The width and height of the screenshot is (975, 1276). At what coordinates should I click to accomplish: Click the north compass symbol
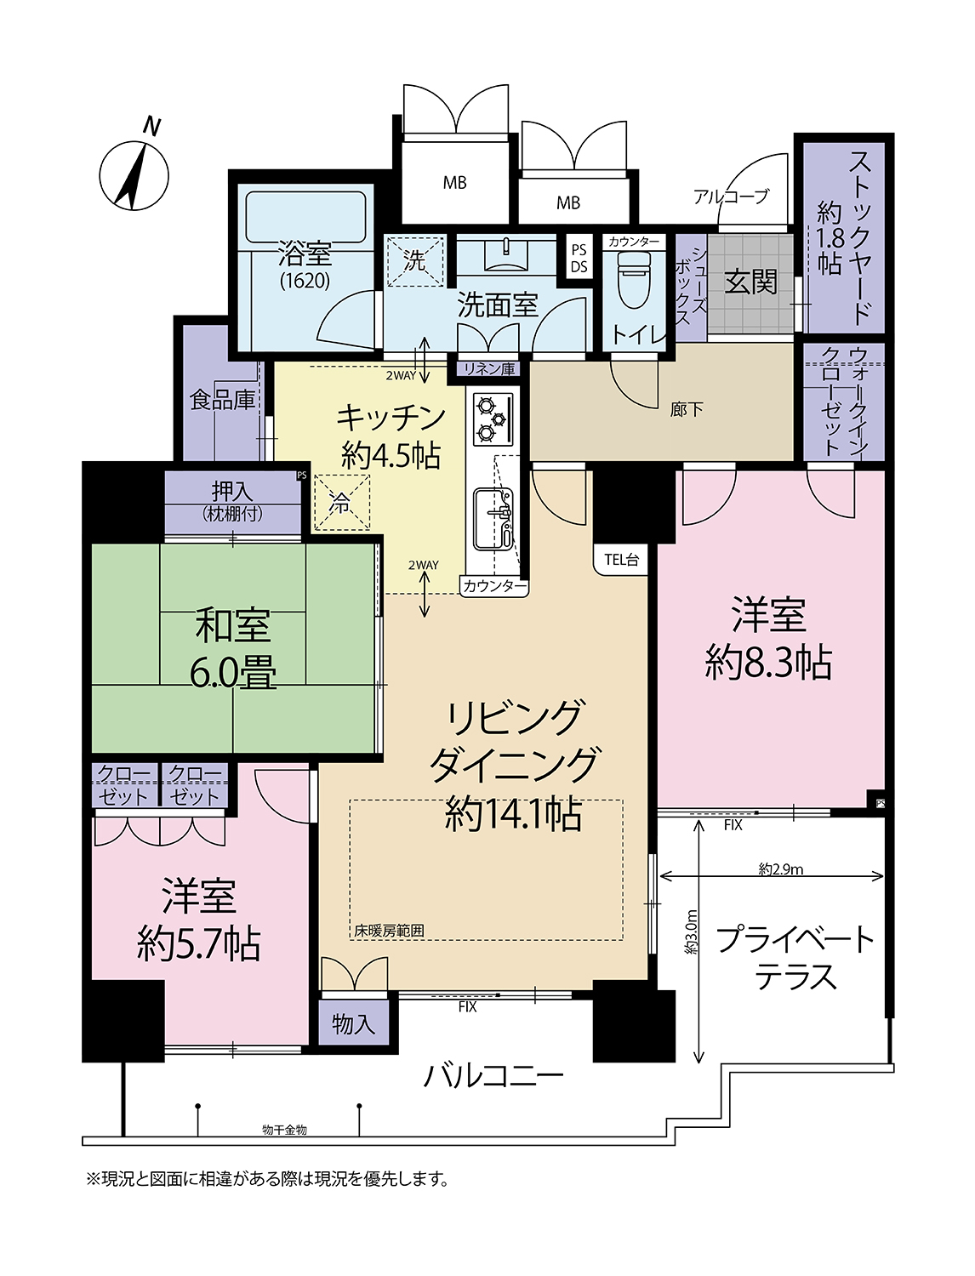134,168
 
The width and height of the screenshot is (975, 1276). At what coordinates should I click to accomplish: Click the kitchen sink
493,519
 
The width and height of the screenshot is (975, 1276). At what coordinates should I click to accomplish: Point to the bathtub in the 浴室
306,218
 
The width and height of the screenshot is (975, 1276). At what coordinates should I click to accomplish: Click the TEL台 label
621,560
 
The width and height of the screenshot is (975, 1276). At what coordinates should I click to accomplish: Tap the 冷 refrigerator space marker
342,502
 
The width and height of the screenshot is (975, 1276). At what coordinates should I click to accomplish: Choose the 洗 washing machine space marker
415,261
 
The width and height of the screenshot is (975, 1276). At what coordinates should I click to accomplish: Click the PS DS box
579,258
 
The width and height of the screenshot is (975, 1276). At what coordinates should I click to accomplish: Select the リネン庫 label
489,368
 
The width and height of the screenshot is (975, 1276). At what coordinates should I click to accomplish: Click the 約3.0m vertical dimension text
692,931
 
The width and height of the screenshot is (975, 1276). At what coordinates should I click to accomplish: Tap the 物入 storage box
353,1023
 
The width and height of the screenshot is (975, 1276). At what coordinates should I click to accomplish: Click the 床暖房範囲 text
389,931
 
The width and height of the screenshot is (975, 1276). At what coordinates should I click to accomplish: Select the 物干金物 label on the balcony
284,1130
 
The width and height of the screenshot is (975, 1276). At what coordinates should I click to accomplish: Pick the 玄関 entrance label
750,283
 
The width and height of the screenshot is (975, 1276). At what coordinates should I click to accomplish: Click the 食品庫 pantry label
222,400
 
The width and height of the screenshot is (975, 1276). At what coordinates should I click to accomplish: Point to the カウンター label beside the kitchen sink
493,586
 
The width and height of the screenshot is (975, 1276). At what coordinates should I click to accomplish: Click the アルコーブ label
730,197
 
